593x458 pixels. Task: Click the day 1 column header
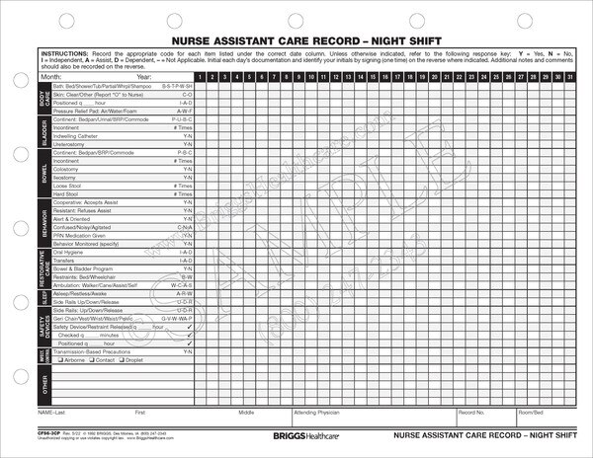(199, 76)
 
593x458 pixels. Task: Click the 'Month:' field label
(50, 76)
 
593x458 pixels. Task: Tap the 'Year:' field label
(144, 76)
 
